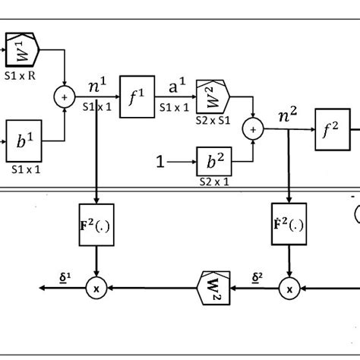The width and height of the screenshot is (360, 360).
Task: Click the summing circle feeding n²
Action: tap(251, 131)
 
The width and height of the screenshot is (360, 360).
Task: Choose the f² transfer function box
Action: tap(330, 130)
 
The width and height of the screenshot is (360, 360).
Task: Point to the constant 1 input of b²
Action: tap(159, 162)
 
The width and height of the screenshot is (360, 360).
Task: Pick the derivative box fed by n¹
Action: tap(96, 226)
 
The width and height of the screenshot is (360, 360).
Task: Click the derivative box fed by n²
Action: tap(289, 226)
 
